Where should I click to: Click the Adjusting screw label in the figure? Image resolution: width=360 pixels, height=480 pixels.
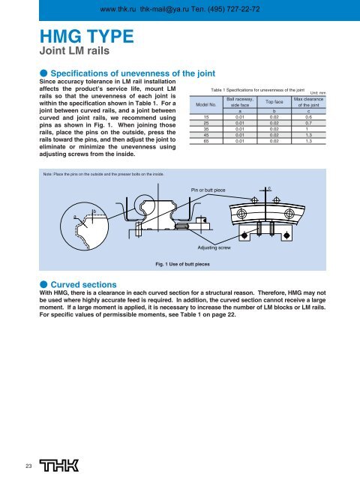(x=214, y=246)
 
